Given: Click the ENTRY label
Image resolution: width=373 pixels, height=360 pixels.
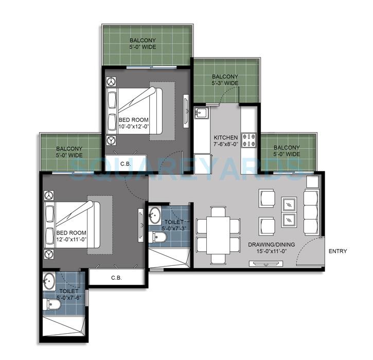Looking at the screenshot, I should (337, 251).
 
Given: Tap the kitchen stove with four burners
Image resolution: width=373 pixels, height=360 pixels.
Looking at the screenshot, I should (249, 137).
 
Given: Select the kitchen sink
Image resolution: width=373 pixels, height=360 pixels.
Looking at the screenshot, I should (200, 113).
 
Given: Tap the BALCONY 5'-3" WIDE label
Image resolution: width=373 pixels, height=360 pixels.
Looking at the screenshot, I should (225, 79).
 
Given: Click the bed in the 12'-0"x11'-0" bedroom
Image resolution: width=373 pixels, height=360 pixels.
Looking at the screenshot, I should (72, 225).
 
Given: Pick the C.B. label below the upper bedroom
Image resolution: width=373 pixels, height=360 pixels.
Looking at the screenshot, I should (125, 164).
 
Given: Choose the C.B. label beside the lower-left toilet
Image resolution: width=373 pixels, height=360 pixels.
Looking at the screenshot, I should (116, 278).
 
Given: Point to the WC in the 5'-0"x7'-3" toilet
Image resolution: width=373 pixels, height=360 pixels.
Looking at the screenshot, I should (159, 236).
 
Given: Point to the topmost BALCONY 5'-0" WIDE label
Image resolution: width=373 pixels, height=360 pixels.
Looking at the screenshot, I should (143, 43).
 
